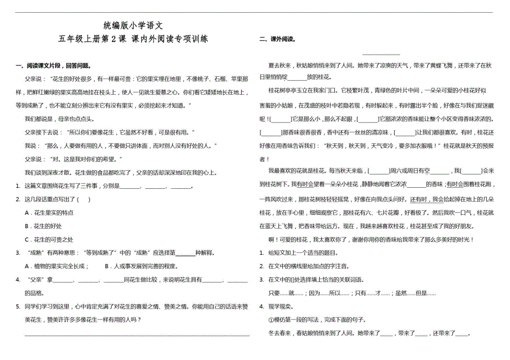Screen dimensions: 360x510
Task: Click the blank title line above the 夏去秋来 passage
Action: [381, 54]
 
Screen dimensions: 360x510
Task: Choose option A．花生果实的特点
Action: [49, 213]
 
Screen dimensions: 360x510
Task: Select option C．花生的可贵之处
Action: [49, 239]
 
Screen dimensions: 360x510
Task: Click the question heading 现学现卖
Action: [282, 306]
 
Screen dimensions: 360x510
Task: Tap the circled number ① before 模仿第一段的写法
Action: [270, 320]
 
